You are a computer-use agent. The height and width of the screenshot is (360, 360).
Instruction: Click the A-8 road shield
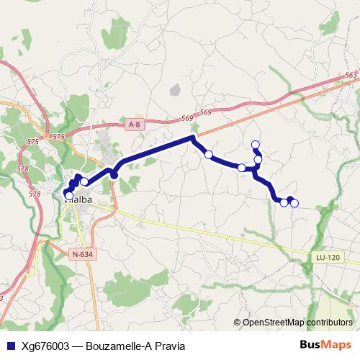click(132, 125)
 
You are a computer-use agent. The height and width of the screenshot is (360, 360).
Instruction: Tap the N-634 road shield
click(83, 254)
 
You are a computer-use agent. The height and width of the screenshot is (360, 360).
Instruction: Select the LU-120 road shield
click(327, 258)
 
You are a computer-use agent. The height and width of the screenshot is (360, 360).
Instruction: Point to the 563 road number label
click(351, 75)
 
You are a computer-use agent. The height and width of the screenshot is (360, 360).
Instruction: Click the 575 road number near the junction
click(59, 136)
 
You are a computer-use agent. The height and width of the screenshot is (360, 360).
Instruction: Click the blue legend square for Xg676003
click(9, 346)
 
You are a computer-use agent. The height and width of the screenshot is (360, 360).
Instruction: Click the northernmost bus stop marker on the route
click(255, 144)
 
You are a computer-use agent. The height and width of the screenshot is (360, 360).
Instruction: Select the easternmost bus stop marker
click(294, 203)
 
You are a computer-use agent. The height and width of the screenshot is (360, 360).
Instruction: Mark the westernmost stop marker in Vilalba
click(69, 194)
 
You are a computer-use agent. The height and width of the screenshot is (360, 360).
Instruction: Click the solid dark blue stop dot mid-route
click(114, 175)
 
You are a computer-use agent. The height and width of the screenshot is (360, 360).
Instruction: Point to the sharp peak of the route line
click(192, 137)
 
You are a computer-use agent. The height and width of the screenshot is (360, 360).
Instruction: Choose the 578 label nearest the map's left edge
click(22, 168)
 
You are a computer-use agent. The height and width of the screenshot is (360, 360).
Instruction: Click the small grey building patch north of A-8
click(175, 90)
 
